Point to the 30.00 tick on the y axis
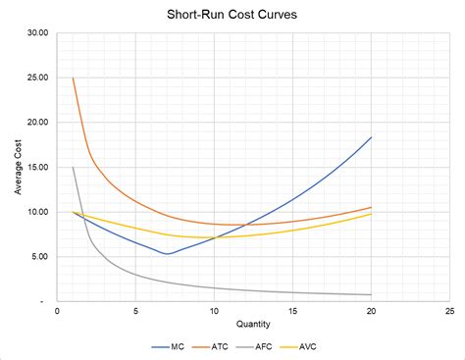tap(38, 32)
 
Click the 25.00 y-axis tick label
tap(38, 77)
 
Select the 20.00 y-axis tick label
tap(38, 123)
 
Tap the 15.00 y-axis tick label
tap(38, 168)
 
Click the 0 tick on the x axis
tap(58, 312)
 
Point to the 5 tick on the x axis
tap(136, 312)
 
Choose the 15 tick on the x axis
tap(293, 312)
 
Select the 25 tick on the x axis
tap(450, 312)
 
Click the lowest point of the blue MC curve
tap(168, 254)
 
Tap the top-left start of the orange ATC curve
tap(74, 78)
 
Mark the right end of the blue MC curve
tap(372, 137)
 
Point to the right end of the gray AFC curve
tap(372, 294)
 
